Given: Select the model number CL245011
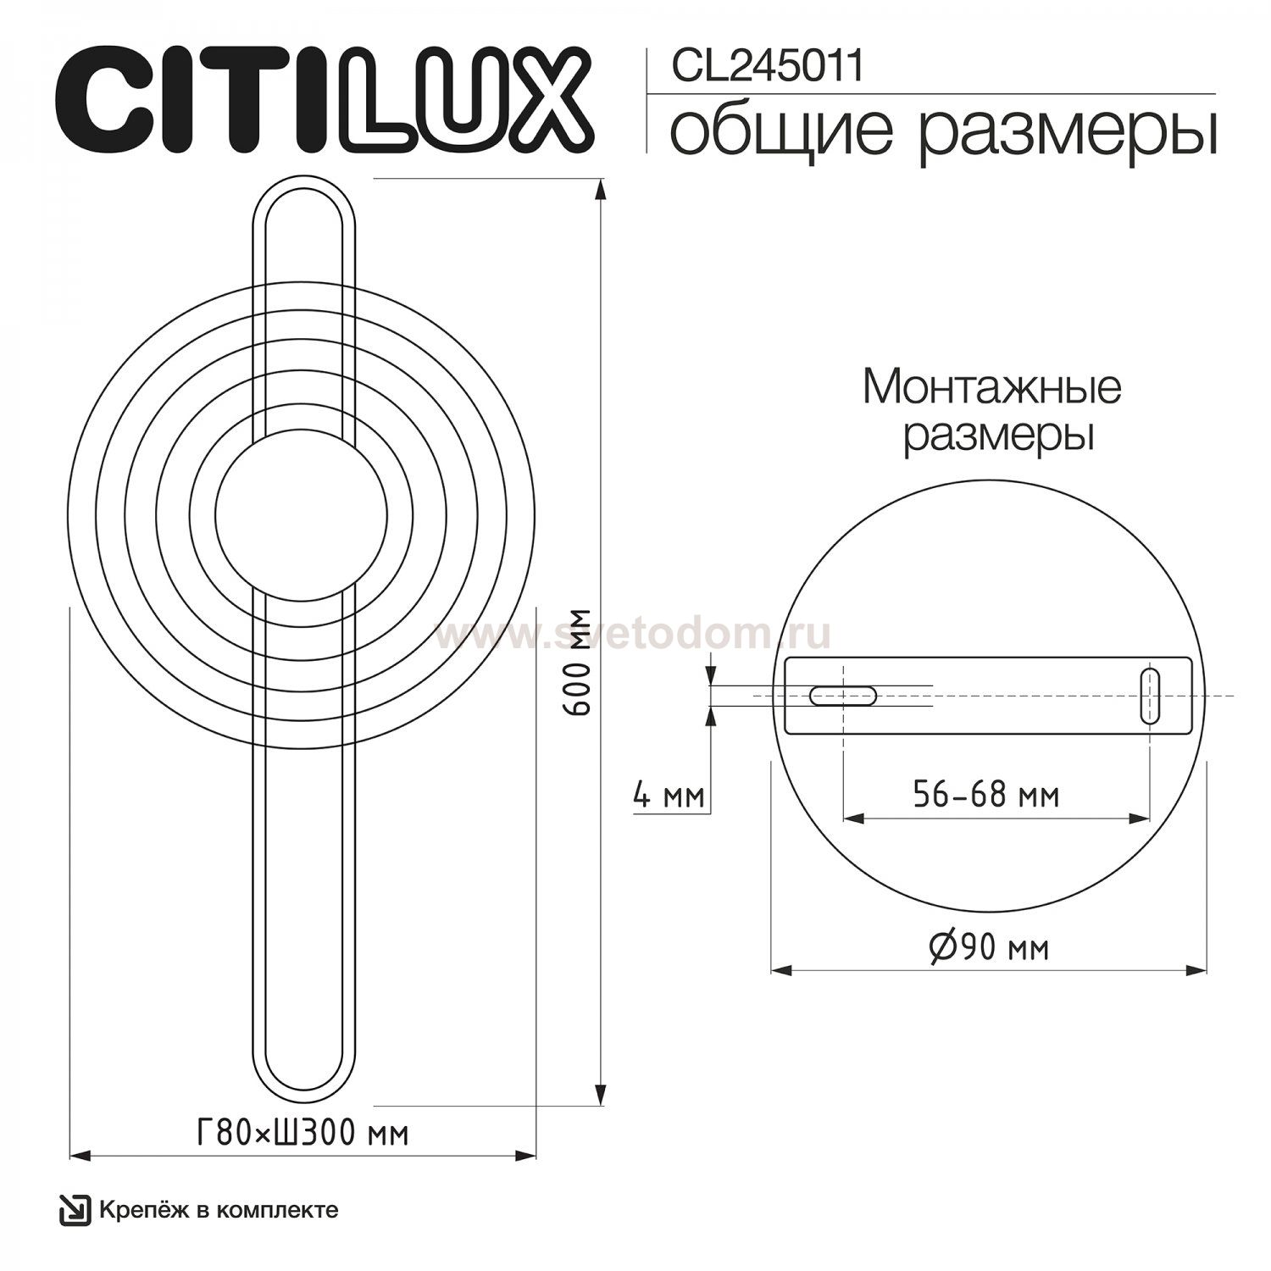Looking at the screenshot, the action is click(x=768, y=66).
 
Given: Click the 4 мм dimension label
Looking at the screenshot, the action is click(x=669, y=796).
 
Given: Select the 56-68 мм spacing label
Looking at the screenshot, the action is click(x=986, y=795).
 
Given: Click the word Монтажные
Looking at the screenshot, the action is click(x=992, y=387).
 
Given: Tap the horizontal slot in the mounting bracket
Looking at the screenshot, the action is click(x=843, y=696).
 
